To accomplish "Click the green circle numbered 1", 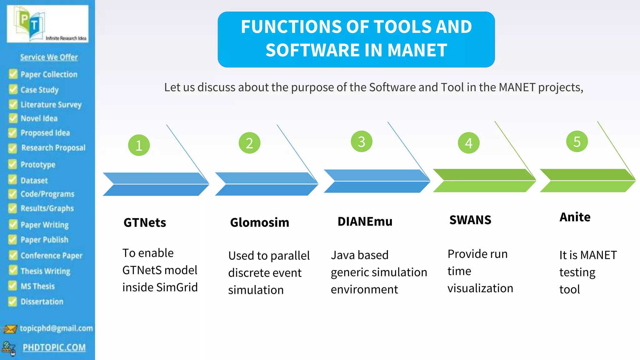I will (x=139, y=145).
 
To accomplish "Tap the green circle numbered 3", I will (x=362, y=142).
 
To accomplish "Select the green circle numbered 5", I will (x=577, y=142).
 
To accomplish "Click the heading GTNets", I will (x=145, y=223).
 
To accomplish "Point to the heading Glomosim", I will (x=259, y=222).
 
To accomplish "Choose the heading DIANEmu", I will (x=365, y=222).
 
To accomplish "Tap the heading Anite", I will (x=575, y=217).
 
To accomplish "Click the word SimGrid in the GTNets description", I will (x=177, y=287).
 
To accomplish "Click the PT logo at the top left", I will (x=30, y=24).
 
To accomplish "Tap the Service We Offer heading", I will (x=49, y=57).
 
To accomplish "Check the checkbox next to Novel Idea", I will (x=13, y=118).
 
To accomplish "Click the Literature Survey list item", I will (x=51, y=105).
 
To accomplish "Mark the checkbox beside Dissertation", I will (x=12, y=302).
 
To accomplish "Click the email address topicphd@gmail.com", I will (x=56, y=328).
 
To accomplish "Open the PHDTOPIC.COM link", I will (x=54, y=347).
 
